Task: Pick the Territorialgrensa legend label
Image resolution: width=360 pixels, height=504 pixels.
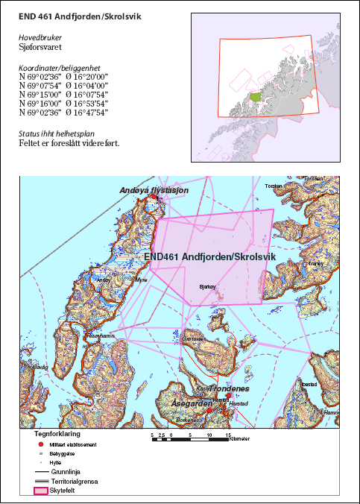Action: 75,482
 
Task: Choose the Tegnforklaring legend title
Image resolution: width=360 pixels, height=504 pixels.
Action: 58,432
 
